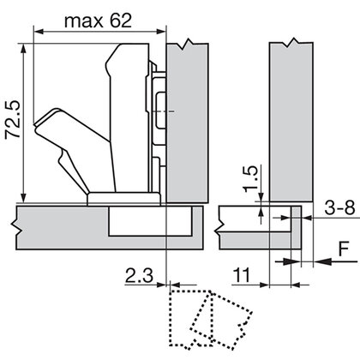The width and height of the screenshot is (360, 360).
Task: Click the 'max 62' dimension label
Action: (x=98, y=21)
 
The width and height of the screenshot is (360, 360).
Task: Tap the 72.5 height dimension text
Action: (x=13, y=119)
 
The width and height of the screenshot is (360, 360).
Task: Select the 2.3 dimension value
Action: (x=139, y=275)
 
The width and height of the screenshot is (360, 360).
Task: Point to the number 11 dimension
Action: (x=242, y=275)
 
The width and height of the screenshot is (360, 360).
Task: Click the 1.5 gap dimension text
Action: (x=250, y=179)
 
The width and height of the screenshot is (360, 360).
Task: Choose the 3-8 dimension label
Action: (x=339, y=207)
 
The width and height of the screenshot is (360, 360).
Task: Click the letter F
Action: (x=344, y=249)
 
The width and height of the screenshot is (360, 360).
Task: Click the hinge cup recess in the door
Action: (x=150, y=221)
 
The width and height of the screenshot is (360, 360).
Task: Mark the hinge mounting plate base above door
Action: (x=123, y=199)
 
